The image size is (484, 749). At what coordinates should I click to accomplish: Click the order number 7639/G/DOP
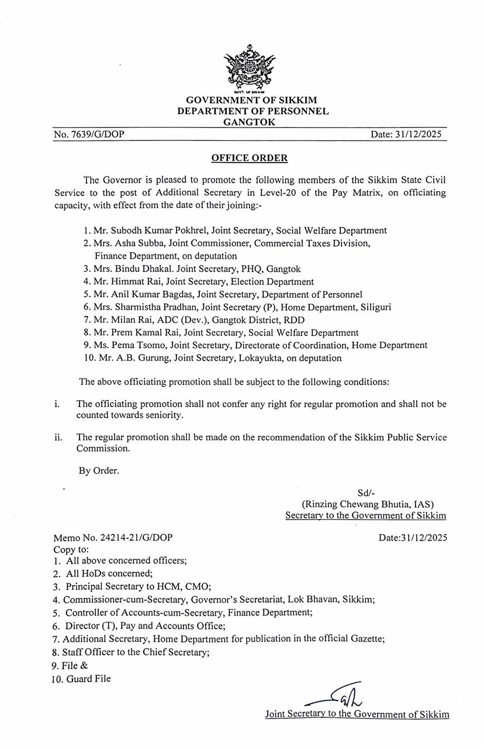pyautogui.click(x=89, y=135)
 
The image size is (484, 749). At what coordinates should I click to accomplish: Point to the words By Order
pyautogui.click(x=99, y=470)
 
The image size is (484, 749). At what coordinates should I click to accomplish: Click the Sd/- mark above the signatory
pyautogui.click(x=365, y=492)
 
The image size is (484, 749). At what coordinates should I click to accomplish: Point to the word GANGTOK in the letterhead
pyautogui.click(x=249, y=122)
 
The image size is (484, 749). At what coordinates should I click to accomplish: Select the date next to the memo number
pyautogui.click(x=413, y=537)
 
